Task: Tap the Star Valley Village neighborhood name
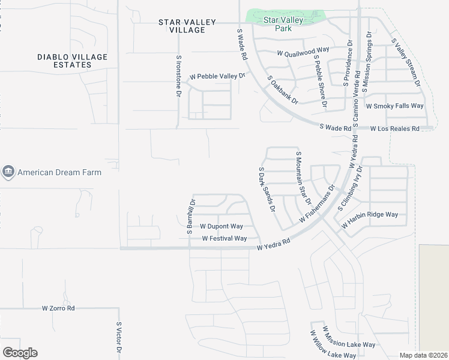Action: [x=187, y=26]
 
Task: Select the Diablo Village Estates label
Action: [x=72, y=61]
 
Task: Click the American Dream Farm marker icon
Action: [x=8, y=172]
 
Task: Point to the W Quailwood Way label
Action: [x=303, y=53]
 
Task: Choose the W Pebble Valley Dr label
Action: [x=218, y=76]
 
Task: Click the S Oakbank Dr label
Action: [x=283, y=89]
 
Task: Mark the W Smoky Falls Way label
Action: [x=394, y=106]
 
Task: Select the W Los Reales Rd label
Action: [x=394, y=128]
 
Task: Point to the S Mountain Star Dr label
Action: [x=303, y=178]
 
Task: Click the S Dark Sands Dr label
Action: [x=267, y=190]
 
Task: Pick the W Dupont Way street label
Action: [x=221, y=226]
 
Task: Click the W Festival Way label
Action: [x=224, y=238]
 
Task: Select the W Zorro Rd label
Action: [x=58, y=308]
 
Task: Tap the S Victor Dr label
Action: [x=119, y=340]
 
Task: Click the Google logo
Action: [x=20, y=353]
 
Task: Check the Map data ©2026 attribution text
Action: [x=423, y=355]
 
